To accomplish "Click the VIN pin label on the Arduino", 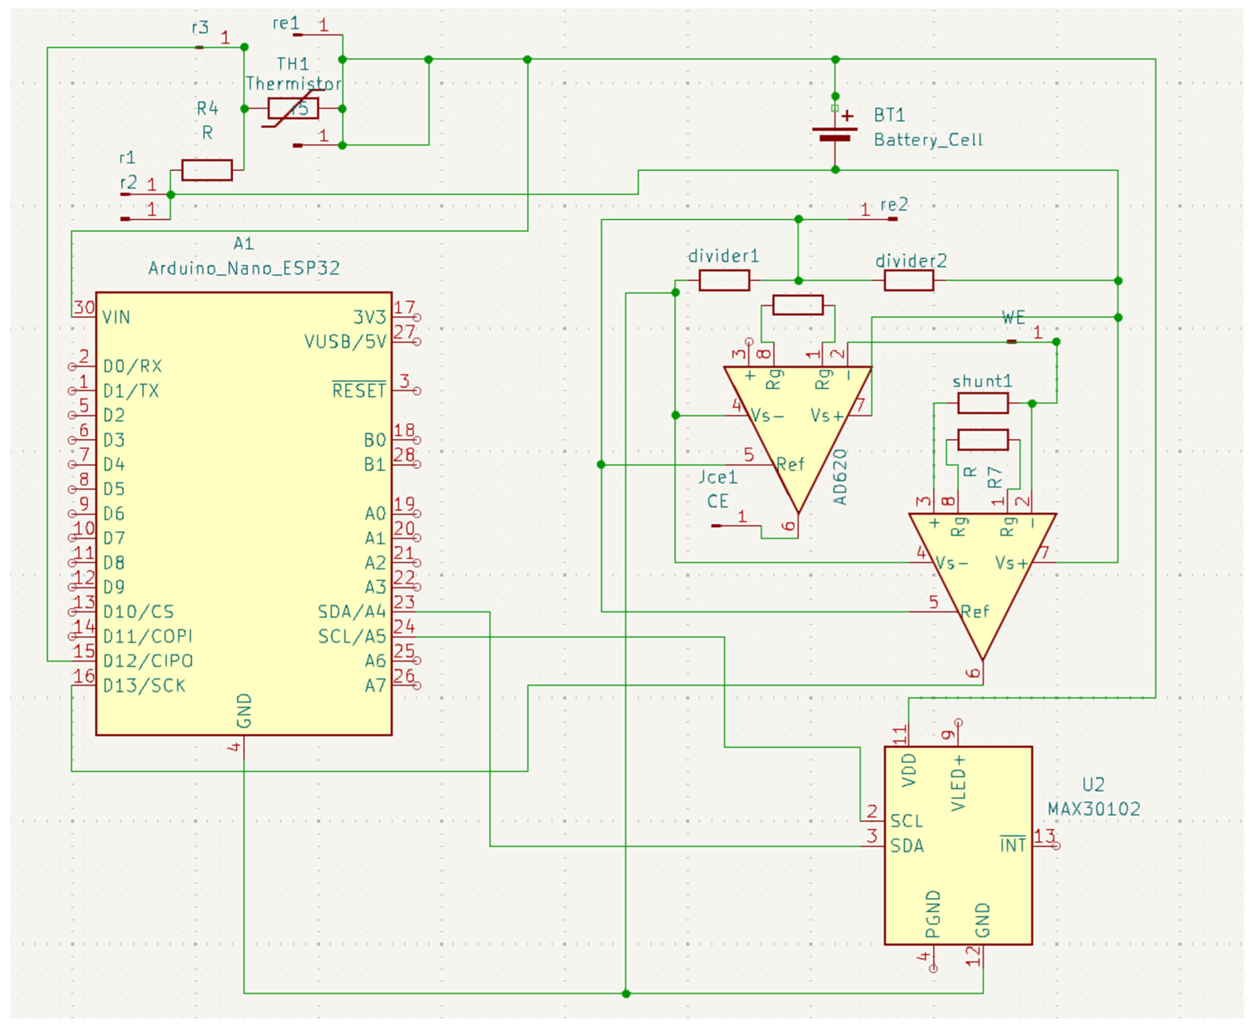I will coord(116,318).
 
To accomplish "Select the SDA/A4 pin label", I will coord(352,612).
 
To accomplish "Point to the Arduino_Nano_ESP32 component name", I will coord(244,269).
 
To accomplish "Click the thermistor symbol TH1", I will coord(293,109).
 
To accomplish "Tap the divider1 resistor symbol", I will coord(724,280).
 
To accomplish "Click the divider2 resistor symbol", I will coord(909,280).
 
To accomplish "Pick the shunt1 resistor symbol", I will coord(983,404).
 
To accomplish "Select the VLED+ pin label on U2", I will coord(958,783).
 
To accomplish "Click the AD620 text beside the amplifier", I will coord(841,477).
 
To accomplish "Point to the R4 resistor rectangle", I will coord(207,170).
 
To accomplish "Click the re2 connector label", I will coord(894,205).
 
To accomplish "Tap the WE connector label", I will coord(1013,318).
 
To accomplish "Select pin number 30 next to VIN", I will coord(84,308).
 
